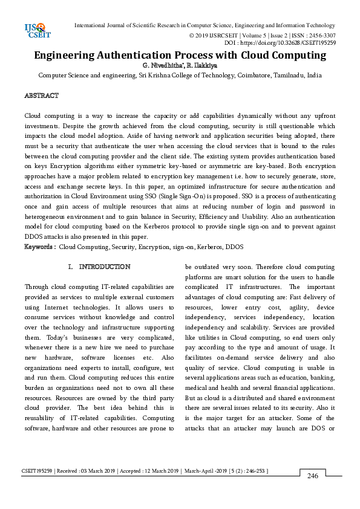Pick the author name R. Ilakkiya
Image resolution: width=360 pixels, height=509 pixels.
coord(203,65)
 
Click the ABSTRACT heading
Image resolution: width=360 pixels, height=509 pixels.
coord(41,96)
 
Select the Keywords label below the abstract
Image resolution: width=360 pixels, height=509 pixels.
coord(40,247)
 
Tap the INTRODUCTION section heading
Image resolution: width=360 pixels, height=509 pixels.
coord(104,267)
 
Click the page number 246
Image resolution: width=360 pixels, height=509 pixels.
coord(313,476)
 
